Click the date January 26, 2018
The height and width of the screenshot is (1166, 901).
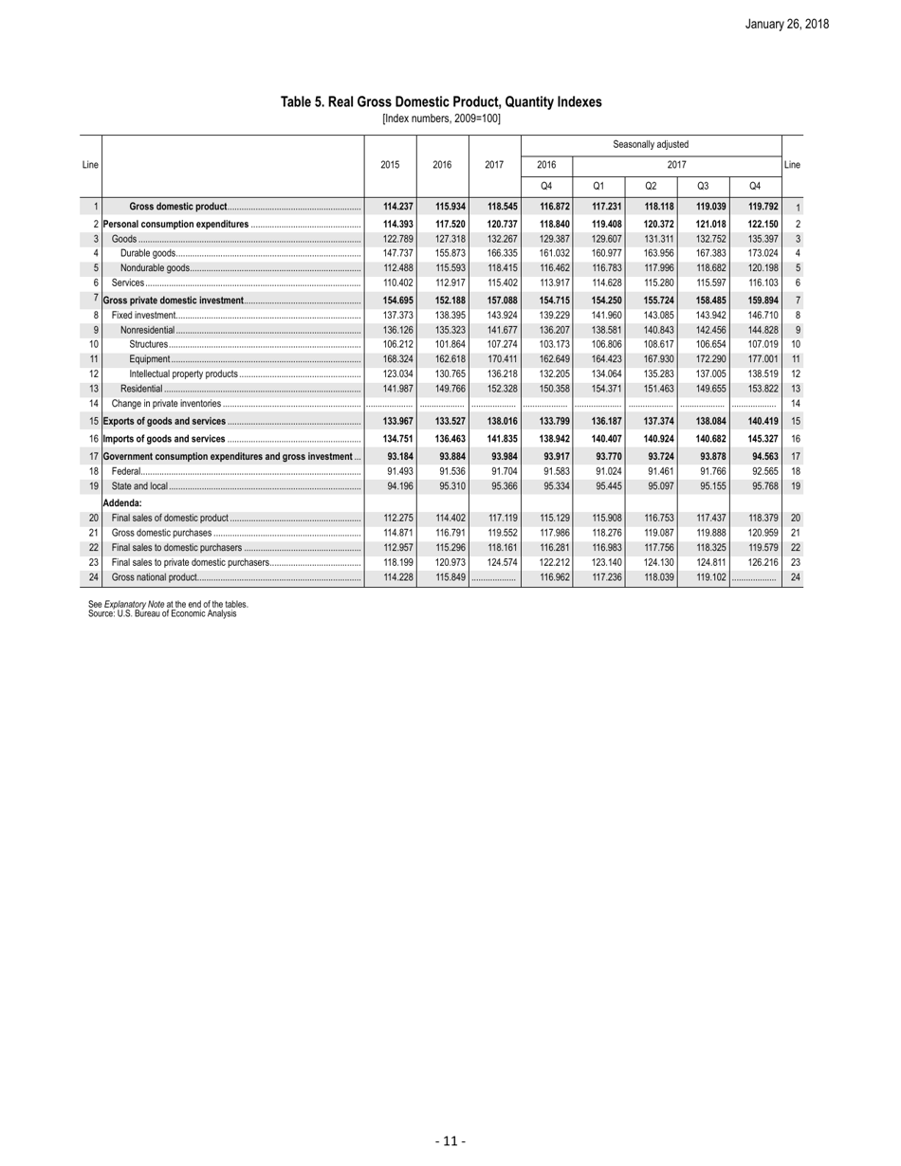786,24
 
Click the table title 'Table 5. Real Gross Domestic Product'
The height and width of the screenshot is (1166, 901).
441,101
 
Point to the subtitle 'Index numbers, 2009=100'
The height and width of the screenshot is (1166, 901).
441,118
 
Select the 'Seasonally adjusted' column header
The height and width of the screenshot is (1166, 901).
651,144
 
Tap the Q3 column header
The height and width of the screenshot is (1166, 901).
703,184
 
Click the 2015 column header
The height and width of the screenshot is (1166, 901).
390,164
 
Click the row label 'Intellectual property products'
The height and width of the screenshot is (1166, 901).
183,374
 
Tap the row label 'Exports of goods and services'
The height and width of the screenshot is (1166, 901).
164,421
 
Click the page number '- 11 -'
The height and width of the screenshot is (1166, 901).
450,1141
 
